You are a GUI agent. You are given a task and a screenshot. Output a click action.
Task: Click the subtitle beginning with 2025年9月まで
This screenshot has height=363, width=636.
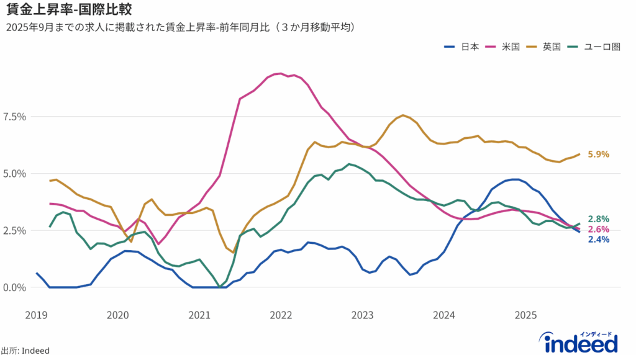click(x=180, y=27)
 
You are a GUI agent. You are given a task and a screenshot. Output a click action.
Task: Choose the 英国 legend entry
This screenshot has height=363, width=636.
click(x=543, y=47)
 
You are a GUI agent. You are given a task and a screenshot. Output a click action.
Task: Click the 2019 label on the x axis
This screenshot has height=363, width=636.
click(x=36, y=315)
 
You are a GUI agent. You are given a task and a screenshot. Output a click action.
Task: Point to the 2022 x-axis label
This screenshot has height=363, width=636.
click(x=281, y=315)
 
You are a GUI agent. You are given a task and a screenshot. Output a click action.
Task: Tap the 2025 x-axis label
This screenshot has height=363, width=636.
click(x=525, y=315)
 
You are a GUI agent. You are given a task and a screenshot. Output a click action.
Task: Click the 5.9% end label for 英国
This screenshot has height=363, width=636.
click(x=598, y=155)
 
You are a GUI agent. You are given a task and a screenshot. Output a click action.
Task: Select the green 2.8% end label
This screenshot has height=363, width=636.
click(x=598, y=219)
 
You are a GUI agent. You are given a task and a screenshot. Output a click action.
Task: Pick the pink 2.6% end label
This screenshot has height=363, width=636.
click(x=598, y=230)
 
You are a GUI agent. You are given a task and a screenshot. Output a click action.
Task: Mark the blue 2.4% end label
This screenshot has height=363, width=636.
click(x=598, y=240)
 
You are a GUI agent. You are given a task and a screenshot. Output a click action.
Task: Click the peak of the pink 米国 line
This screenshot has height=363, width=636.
click(x=281, y=73)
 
